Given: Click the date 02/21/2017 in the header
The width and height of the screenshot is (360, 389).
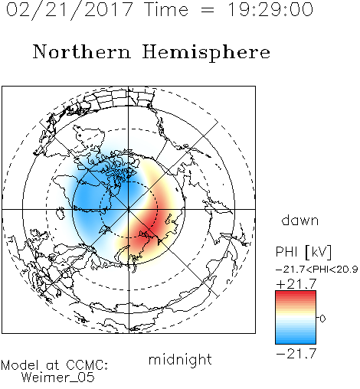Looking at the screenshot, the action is pos(70,10).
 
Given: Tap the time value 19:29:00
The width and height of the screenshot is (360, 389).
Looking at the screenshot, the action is pos(270,9).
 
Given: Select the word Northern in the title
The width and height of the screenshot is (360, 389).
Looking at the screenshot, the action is pos(82,51).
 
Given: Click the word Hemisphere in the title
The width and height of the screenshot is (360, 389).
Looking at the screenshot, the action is pos(206,53).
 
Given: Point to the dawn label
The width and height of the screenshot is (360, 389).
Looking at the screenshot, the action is pos(300,220).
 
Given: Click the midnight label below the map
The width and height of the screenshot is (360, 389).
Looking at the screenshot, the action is pos(180,359).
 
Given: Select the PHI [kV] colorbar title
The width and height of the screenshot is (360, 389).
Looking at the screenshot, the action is pos(304,252).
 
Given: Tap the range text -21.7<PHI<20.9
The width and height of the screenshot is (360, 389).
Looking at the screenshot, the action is pos(316,270).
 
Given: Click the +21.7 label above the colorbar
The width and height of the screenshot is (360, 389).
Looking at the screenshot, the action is pos(296,284).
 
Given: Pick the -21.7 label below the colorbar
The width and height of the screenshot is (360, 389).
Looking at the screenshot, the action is pos(296,354).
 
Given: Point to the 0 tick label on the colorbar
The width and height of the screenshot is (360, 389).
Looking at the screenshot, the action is pos(322,319).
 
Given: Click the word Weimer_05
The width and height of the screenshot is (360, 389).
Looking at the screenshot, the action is pos(58,378).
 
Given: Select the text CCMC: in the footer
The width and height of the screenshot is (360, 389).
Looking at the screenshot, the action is pos(87,365).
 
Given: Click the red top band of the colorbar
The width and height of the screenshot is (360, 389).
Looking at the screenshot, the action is pos(296,294).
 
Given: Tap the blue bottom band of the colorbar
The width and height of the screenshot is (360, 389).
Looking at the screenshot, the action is pos(296,340).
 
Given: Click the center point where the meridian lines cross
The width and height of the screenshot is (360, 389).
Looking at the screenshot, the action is pos(129,210).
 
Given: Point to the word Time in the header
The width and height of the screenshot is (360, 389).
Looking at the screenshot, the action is pos(166,10).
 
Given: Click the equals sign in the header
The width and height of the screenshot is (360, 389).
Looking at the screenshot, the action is pos(208,11).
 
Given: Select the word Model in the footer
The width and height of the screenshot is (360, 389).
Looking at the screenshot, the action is pos(20,365).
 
